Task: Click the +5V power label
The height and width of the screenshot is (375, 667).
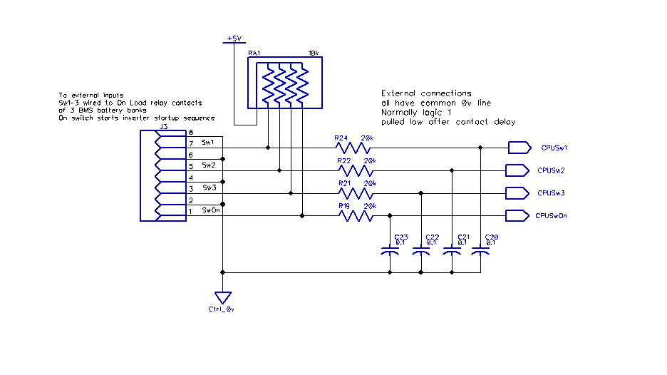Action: click(x=234, y=38)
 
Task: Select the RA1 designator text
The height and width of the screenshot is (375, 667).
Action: click(x=254, y=53)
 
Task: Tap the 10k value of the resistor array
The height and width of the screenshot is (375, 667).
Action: click(x=313, y=53)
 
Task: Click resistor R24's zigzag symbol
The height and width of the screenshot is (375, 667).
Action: click(x=353, y=148)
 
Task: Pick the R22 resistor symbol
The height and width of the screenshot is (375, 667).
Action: click(x=353, y=170)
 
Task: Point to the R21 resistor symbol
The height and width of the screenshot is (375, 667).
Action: click(x=353, y=193)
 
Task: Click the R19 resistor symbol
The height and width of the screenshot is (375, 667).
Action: click(x=353, y=215)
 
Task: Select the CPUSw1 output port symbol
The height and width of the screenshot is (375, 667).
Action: click(x=519, y=148)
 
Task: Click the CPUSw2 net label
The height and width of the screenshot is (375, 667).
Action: click(x=552, y=171)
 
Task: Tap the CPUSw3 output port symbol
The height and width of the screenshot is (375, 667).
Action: click(x=516, y=193)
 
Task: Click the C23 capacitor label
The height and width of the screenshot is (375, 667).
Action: click(x=401, y=237)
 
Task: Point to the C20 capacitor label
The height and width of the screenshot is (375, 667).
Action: click(x=491, y=237)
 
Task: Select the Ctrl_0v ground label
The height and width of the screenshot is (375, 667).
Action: click(x=222, y=309)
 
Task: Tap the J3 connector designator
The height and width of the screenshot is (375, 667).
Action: click(x=163, y=126)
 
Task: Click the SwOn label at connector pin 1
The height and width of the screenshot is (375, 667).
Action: click(x=210, y=210)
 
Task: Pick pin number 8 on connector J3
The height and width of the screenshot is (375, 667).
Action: click(x=190, y=133)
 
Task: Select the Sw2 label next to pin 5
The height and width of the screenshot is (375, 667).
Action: click(x=208, y=165)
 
